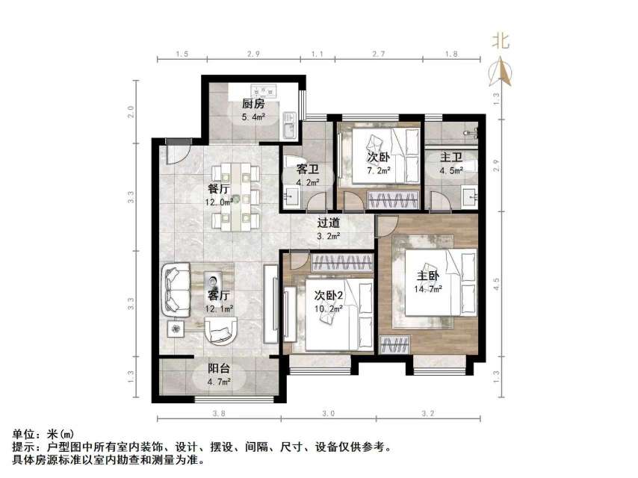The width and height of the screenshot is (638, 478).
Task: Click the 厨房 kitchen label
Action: tap(253, 104)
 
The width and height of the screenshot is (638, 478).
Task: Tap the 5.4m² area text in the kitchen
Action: tap(253, 117)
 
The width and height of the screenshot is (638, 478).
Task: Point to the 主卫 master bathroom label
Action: tap(450, 158)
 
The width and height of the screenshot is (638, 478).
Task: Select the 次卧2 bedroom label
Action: tap(328, 294)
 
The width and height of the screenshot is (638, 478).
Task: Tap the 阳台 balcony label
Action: tap(218, 368)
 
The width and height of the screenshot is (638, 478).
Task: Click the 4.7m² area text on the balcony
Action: tap(218, 382)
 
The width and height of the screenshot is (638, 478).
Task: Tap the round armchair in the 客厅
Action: tap(222, 328)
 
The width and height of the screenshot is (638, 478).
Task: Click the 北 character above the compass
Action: tap(500, 42)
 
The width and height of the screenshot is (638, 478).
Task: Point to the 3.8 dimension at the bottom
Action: tap(218, 413)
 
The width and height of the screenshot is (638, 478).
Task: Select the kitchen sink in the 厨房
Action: tap(288, 131)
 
